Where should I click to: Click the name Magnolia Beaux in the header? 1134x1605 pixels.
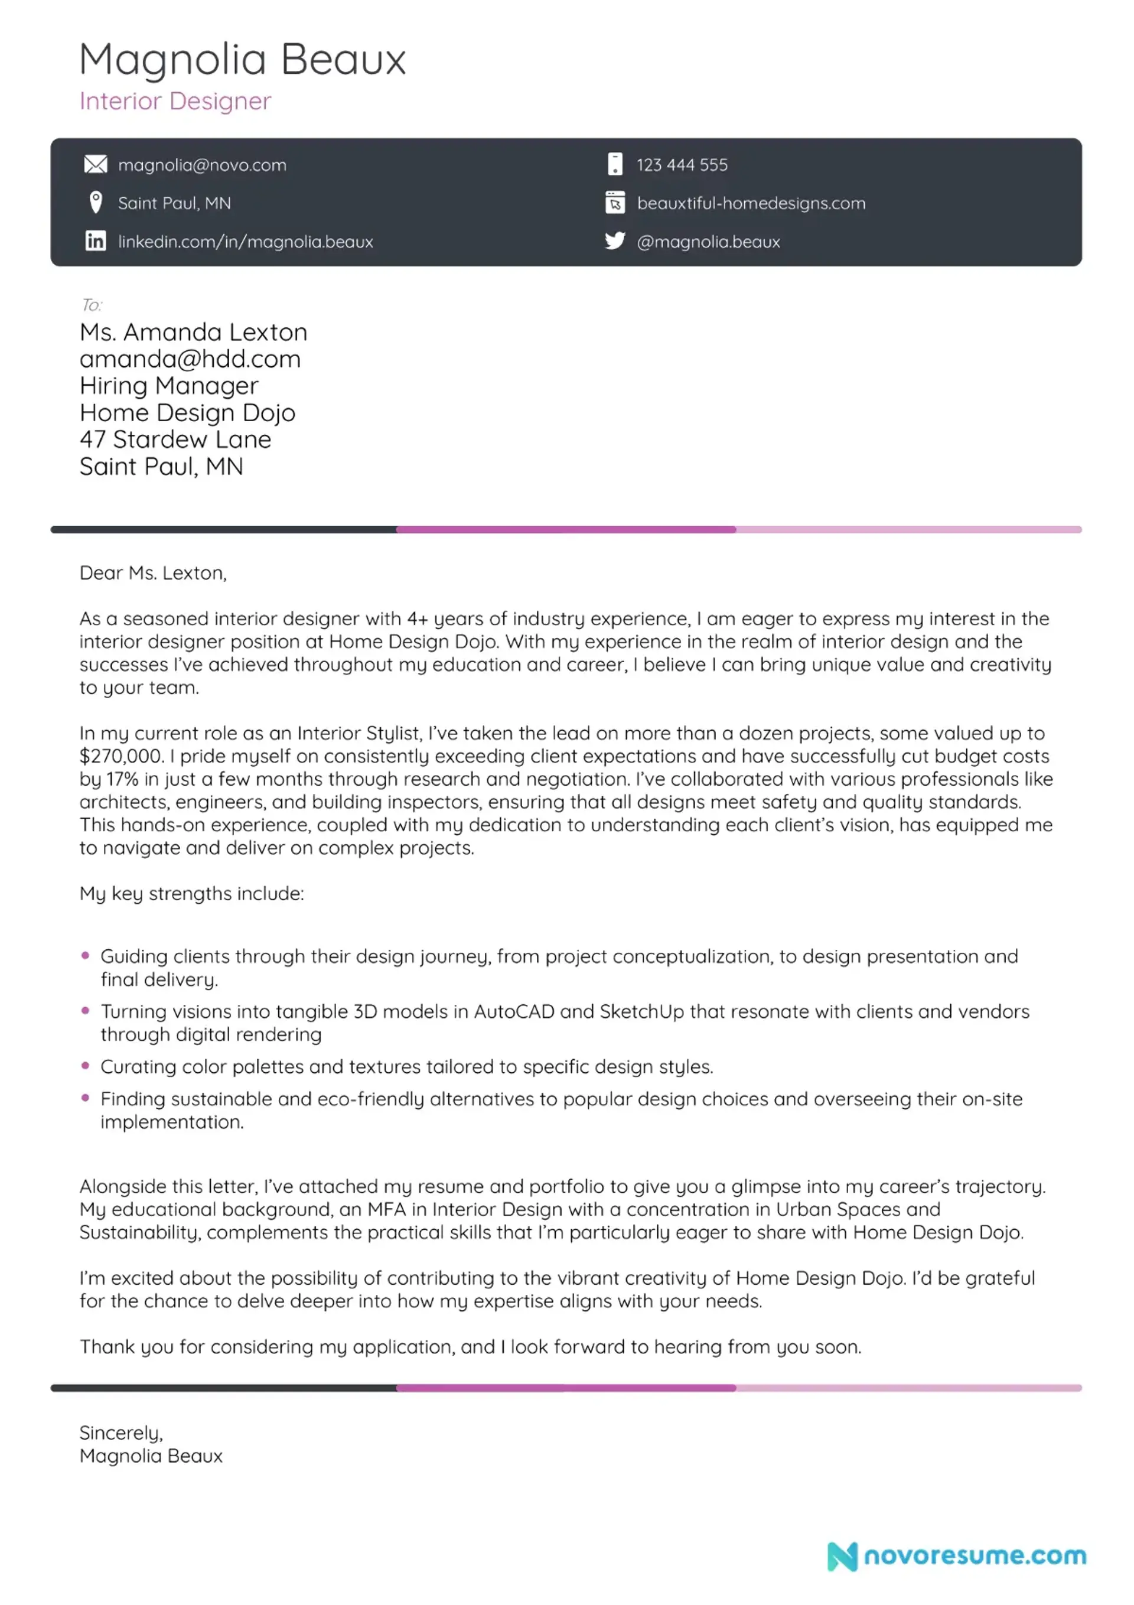242,60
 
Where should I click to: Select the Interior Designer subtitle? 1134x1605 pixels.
175,102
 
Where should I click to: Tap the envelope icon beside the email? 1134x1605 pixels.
96,164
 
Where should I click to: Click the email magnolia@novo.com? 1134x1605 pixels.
202,165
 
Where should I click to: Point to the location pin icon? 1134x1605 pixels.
96,203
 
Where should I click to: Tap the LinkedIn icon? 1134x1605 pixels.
96,241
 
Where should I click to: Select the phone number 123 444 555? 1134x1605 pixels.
682,165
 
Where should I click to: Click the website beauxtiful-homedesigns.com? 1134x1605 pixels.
751,203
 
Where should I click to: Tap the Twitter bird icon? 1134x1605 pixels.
614,241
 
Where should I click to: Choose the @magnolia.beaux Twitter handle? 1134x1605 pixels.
708,242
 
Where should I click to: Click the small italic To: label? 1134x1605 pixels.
92,305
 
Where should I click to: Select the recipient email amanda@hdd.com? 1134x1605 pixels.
190,359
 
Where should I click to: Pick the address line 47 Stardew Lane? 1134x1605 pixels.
175,439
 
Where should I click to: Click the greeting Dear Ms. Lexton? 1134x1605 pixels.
153,573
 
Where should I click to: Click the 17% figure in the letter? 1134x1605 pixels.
122,779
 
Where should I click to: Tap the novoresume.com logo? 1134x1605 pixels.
956,1556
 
